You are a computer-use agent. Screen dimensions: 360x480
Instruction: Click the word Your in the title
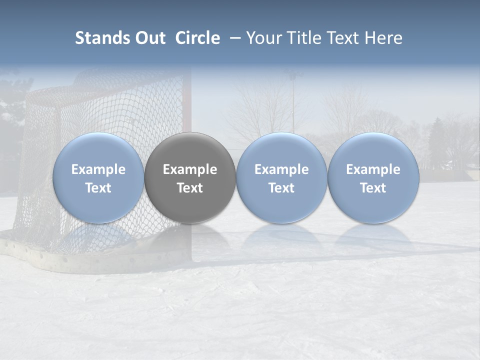click(264, 38)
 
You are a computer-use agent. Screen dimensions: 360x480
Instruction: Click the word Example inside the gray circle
click(190, 169)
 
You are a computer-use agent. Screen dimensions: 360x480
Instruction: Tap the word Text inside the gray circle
click(190, 188)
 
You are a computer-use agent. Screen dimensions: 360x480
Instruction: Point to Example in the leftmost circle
click(98, 169)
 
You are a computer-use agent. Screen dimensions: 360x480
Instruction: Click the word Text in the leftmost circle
click(98, 188)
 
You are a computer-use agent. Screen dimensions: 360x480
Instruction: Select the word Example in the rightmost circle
click(373, 169)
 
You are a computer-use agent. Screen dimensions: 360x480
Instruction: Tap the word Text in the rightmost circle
click(373, 188)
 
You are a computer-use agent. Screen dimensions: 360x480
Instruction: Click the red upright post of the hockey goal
click(186, 100)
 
